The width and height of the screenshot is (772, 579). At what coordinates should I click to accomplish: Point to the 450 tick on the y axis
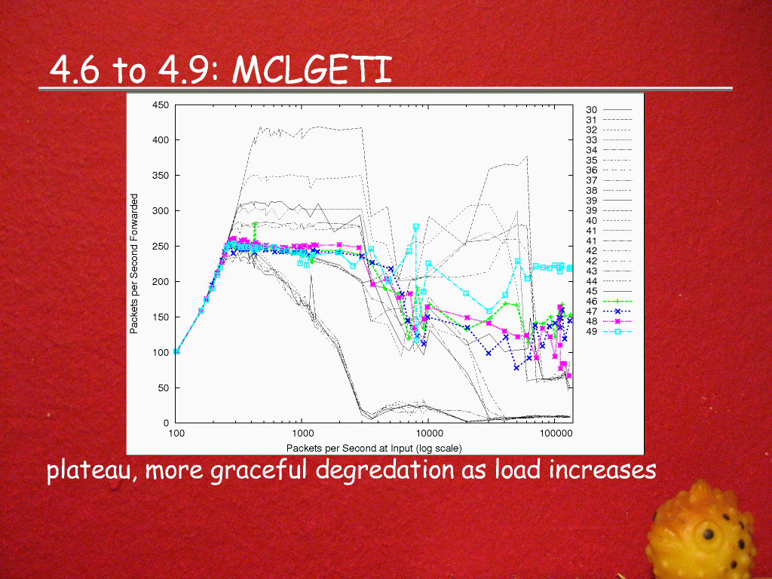(161, 105)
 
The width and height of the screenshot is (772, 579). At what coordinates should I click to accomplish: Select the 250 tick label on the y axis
(161, 246)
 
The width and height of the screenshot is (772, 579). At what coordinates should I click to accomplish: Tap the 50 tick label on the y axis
(164, 388)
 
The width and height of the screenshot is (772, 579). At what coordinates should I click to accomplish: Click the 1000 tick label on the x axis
(302, 435)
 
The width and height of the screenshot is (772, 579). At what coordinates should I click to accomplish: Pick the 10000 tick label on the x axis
(428, 435)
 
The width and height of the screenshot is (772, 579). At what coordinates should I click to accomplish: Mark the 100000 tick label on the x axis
(556, 435)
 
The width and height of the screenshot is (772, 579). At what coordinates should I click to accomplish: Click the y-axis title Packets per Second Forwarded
(135, 264)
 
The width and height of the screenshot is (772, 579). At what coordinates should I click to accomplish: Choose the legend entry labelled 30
(592, 110)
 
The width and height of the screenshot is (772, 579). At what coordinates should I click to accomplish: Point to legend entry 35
(592, 160)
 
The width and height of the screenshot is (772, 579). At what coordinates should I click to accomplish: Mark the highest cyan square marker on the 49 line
(415, 227)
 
